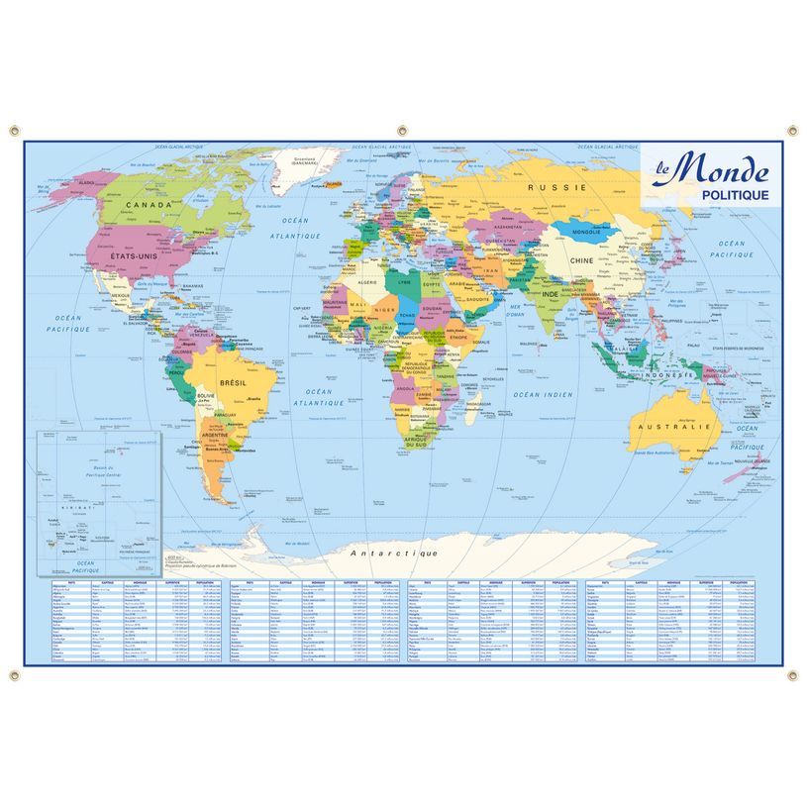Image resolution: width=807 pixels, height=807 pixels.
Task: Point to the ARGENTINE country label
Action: click(221, 436)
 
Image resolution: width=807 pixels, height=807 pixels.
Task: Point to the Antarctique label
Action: click(394, 551)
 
